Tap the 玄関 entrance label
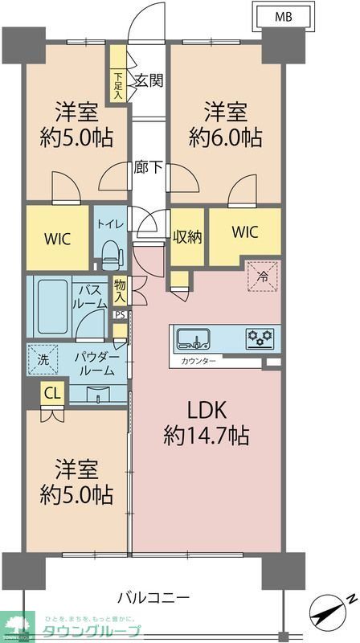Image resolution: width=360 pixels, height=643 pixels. [x=149, y=80]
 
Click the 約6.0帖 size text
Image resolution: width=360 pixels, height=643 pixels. [x=225, y=137]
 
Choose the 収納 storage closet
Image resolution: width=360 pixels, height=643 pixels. [x=188, y=236]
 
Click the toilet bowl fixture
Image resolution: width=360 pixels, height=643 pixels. [x=111, y=256]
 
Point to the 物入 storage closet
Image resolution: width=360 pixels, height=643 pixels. [x=120, y=290]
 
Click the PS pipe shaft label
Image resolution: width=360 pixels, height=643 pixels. [x=119, y=315]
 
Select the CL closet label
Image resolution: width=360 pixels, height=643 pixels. [x=52, y=394]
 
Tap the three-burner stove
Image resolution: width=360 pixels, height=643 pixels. [x=259, y=337]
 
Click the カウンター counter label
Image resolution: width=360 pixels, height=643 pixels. [x=198, y=362]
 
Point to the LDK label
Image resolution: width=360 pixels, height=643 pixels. [x=207, y=410]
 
